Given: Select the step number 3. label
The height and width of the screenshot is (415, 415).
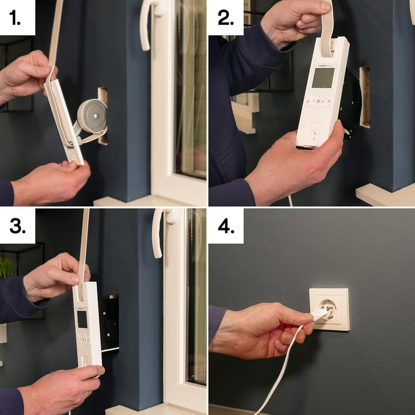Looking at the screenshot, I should pos(17,226).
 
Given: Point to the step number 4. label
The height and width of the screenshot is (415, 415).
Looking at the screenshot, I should pos(225,226).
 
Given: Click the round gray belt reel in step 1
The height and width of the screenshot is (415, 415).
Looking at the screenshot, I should pos(92,115).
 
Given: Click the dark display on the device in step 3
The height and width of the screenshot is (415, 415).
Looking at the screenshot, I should pos(82,319).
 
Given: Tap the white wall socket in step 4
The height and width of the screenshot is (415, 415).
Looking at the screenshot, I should pos(330,310).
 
